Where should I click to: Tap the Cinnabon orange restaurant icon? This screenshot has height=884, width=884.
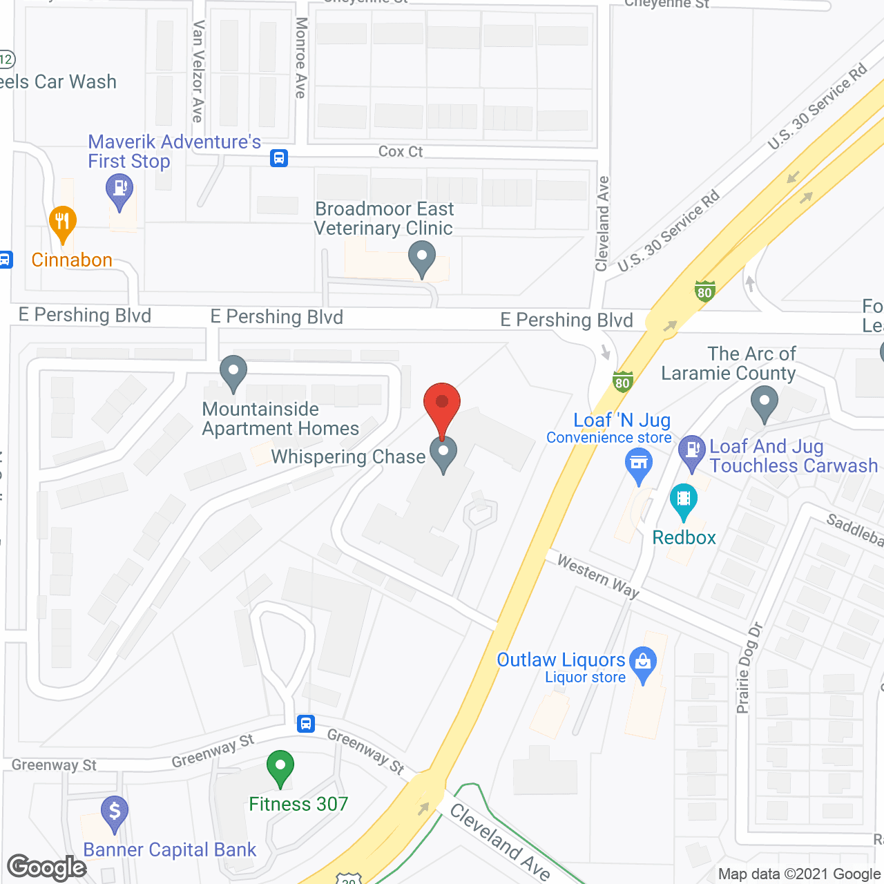[x=62, y=222]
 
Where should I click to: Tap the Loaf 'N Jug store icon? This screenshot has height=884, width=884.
[x=639, y=463]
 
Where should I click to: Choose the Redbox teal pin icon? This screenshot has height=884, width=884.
[x=683, y=499]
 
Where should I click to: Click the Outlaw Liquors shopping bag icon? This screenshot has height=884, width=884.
[x=643, y=662]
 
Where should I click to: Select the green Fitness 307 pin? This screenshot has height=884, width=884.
[x=280, y=767]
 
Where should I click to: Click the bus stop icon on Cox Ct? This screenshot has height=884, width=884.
[x=279, y=158]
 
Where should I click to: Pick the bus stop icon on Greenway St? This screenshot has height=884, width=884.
[x=306, y=724]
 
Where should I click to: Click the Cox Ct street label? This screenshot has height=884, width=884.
[x=401, y=151]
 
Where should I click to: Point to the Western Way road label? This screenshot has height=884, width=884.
[x=598, y=577]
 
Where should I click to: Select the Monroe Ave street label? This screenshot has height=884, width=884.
[x=301, y=58]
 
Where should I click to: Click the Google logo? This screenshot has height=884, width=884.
[x=47, y=867]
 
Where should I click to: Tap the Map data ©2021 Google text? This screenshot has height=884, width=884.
[x=799, y=874]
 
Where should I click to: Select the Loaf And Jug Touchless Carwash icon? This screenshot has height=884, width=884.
[x=691, y=452]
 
